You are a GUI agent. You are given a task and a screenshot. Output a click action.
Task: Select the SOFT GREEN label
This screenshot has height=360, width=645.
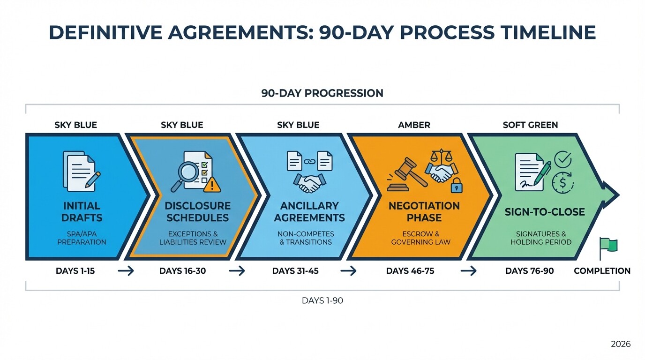click(530, 125)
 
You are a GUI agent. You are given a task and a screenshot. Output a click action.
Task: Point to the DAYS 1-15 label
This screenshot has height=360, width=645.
click(75, 271)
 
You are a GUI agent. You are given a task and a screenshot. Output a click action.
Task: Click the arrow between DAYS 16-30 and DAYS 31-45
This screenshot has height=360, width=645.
click(237, 271)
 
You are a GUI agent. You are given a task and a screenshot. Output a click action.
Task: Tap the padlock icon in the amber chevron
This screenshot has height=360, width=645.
click(456, 186)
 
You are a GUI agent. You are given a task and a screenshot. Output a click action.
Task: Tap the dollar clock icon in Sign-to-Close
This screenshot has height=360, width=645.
click(562, 182)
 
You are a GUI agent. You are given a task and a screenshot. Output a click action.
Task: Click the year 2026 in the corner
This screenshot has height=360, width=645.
click(621, 344)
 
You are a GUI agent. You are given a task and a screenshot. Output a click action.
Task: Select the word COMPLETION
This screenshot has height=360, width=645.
click(602, 271)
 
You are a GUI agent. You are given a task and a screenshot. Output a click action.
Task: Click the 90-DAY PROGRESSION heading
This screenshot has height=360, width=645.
click(322, 93)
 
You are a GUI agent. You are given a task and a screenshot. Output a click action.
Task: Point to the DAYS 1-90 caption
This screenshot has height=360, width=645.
click(322, 300)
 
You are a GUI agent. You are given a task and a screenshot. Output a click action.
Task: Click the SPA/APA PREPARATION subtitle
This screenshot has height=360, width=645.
click(82, 238)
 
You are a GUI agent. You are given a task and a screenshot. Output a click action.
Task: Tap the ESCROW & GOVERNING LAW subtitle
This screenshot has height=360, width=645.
click(420, 238)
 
